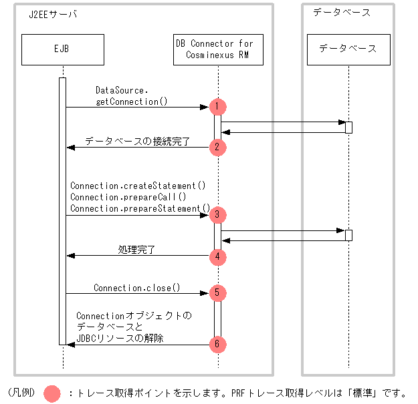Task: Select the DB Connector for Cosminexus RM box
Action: coord(218,49)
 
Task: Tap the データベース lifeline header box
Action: coord(348,49)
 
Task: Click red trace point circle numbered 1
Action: coord(217,106)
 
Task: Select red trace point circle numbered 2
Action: coord(217,146)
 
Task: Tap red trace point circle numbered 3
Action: coord(217,215)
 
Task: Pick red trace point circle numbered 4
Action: coord(217,256)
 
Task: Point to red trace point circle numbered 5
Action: coord(217,292)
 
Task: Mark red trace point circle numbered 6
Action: coord(217,345)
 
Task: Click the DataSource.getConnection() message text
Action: coord(131,95)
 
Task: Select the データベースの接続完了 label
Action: coord(137,142)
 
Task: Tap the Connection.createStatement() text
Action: coord(138,185)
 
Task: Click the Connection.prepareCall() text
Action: coord(128,197)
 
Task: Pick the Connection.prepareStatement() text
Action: coord(140,208)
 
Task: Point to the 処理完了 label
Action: coord(136,250)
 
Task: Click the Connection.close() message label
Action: coord(137,288)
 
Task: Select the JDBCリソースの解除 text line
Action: coord(120,339)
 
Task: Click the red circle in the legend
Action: coord(52,393)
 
